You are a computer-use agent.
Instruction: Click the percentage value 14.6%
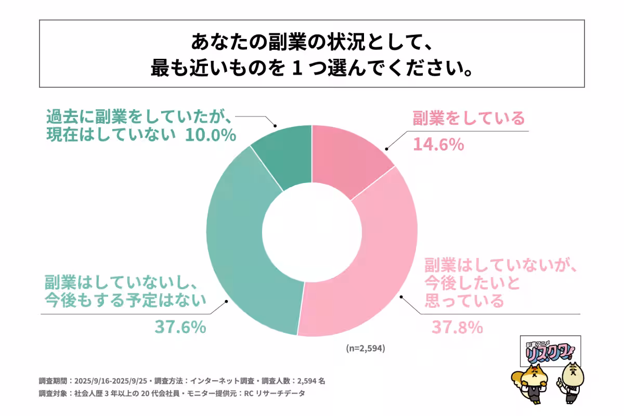pos(438,145)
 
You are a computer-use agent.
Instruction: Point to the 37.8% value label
pos(458,328)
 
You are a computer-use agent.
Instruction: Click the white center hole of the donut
pos(311,230)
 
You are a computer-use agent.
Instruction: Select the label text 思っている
pos(464,300)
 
